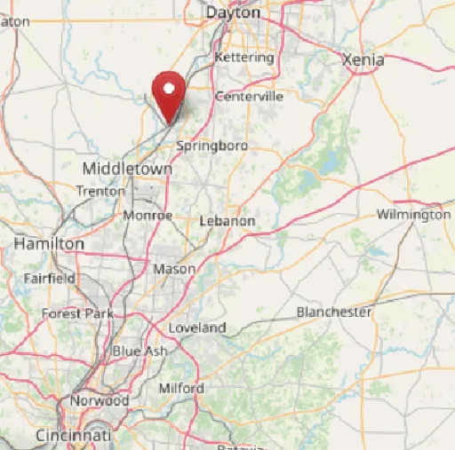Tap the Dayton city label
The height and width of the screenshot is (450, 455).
click(234, 13)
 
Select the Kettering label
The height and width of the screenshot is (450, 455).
click(245, 58)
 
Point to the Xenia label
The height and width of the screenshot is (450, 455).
click(363, 60)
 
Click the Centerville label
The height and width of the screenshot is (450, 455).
click(249, 96)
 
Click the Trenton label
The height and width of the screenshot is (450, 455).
click(95, 191)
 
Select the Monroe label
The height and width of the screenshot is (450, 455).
click(148, 216)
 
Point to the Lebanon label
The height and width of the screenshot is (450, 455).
click(227, 221)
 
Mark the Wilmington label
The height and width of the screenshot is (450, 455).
click(413, 215)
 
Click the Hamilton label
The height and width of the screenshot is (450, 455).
click(50, 243)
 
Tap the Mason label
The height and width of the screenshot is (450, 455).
click(174, 268)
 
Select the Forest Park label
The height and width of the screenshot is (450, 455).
click(77, 313)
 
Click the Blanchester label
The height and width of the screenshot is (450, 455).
click(334, 312)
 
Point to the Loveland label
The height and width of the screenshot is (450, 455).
click(197, 328)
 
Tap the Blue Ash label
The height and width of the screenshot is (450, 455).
click(140, 351)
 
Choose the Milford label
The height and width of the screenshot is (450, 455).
click(181, 389)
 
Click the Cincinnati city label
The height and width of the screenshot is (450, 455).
click(74, 437)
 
